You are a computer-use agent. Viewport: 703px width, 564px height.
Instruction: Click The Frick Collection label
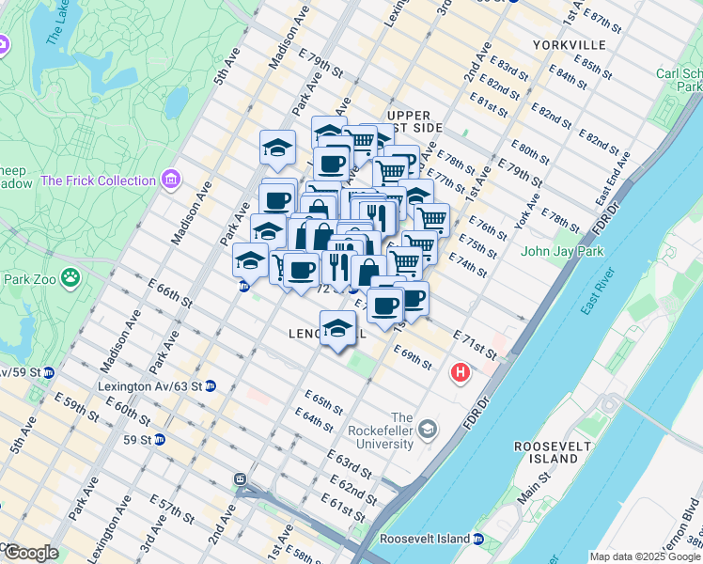pos(98,180)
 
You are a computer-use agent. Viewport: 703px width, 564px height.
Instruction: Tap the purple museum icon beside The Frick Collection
pos(170,179)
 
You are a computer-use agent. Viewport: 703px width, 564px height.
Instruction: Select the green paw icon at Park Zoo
pos(70,277)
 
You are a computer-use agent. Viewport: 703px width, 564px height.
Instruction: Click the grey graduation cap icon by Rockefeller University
pos(428,431)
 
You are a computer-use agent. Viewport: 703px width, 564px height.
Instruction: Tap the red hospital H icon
pos(460,372)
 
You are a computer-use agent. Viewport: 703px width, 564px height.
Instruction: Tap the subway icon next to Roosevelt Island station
pos(479,540)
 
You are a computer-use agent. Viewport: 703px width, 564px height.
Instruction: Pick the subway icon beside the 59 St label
pos(160,439)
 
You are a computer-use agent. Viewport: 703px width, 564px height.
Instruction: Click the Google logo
pos(31,552)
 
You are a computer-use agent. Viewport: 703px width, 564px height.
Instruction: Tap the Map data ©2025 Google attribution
pos(645,556)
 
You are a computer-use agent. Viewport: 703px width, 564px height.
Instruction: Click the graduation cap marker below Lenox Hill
pos(337,328)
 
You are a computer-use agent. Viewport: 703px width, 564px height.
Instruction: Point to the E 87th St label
pos(602,19)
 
